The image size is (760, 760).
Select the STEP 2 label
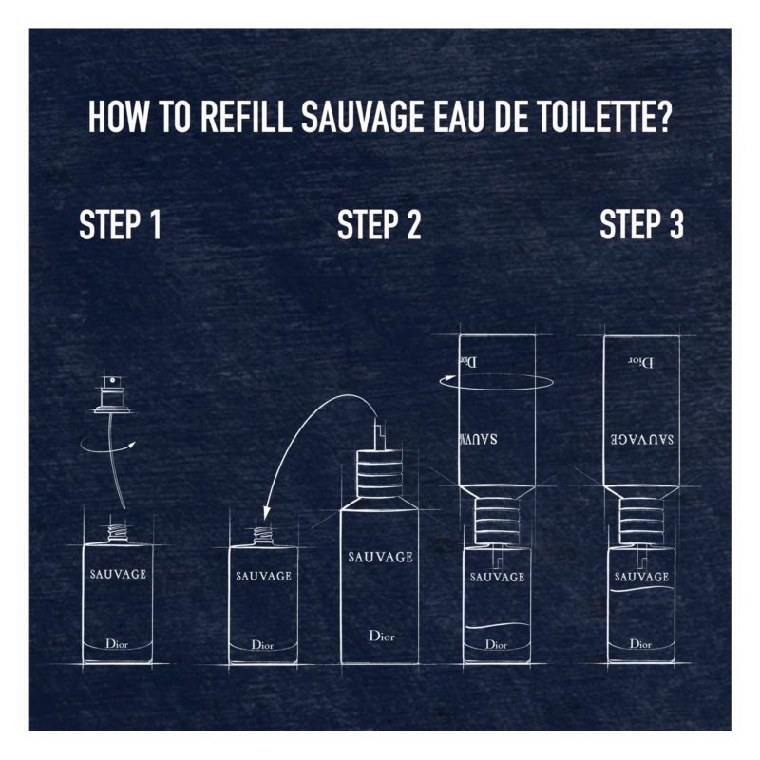click(379, 225)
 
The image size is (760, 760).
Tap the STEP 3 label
click(641, 225)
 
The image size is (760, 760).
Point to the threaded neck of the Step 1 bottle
click(118, 534)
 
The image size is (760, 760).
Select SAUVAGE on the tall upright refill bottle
click(380, 557)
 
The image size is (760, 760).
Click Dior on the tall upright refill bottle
click(380, 636)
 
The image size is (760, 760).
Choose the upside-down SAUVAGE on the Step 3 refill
click(641, 439)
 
